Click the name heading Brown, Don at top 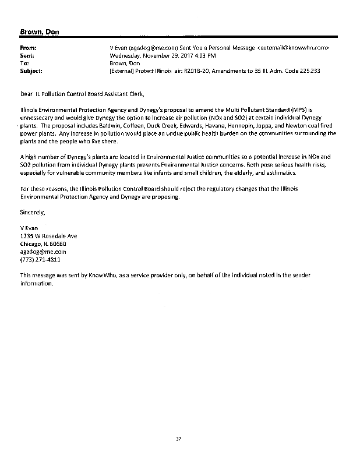[x=40, y=31]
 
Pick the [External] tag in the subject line [x=123, y=71]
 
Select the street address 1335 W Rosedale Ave [x=48, y=236]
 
